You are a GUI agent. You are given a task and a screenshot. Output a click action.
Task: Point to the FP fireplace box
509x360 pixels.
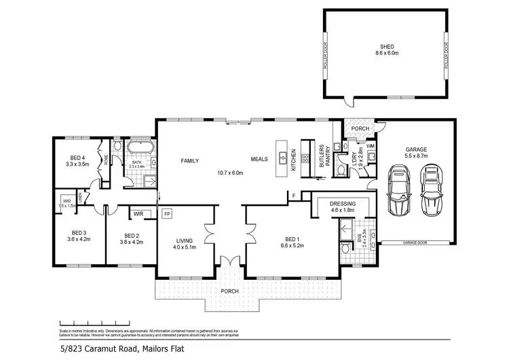point(166,214)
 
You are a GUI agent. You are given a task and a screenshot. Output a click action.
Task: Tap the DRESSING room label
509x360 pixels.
point(343,203)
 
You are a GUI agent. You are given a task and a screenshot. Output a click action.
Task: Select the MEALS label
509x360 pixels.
point(259,160)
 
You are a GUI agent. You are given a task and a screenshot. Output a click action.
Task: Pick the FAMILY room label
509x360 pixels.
point(189,161)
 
